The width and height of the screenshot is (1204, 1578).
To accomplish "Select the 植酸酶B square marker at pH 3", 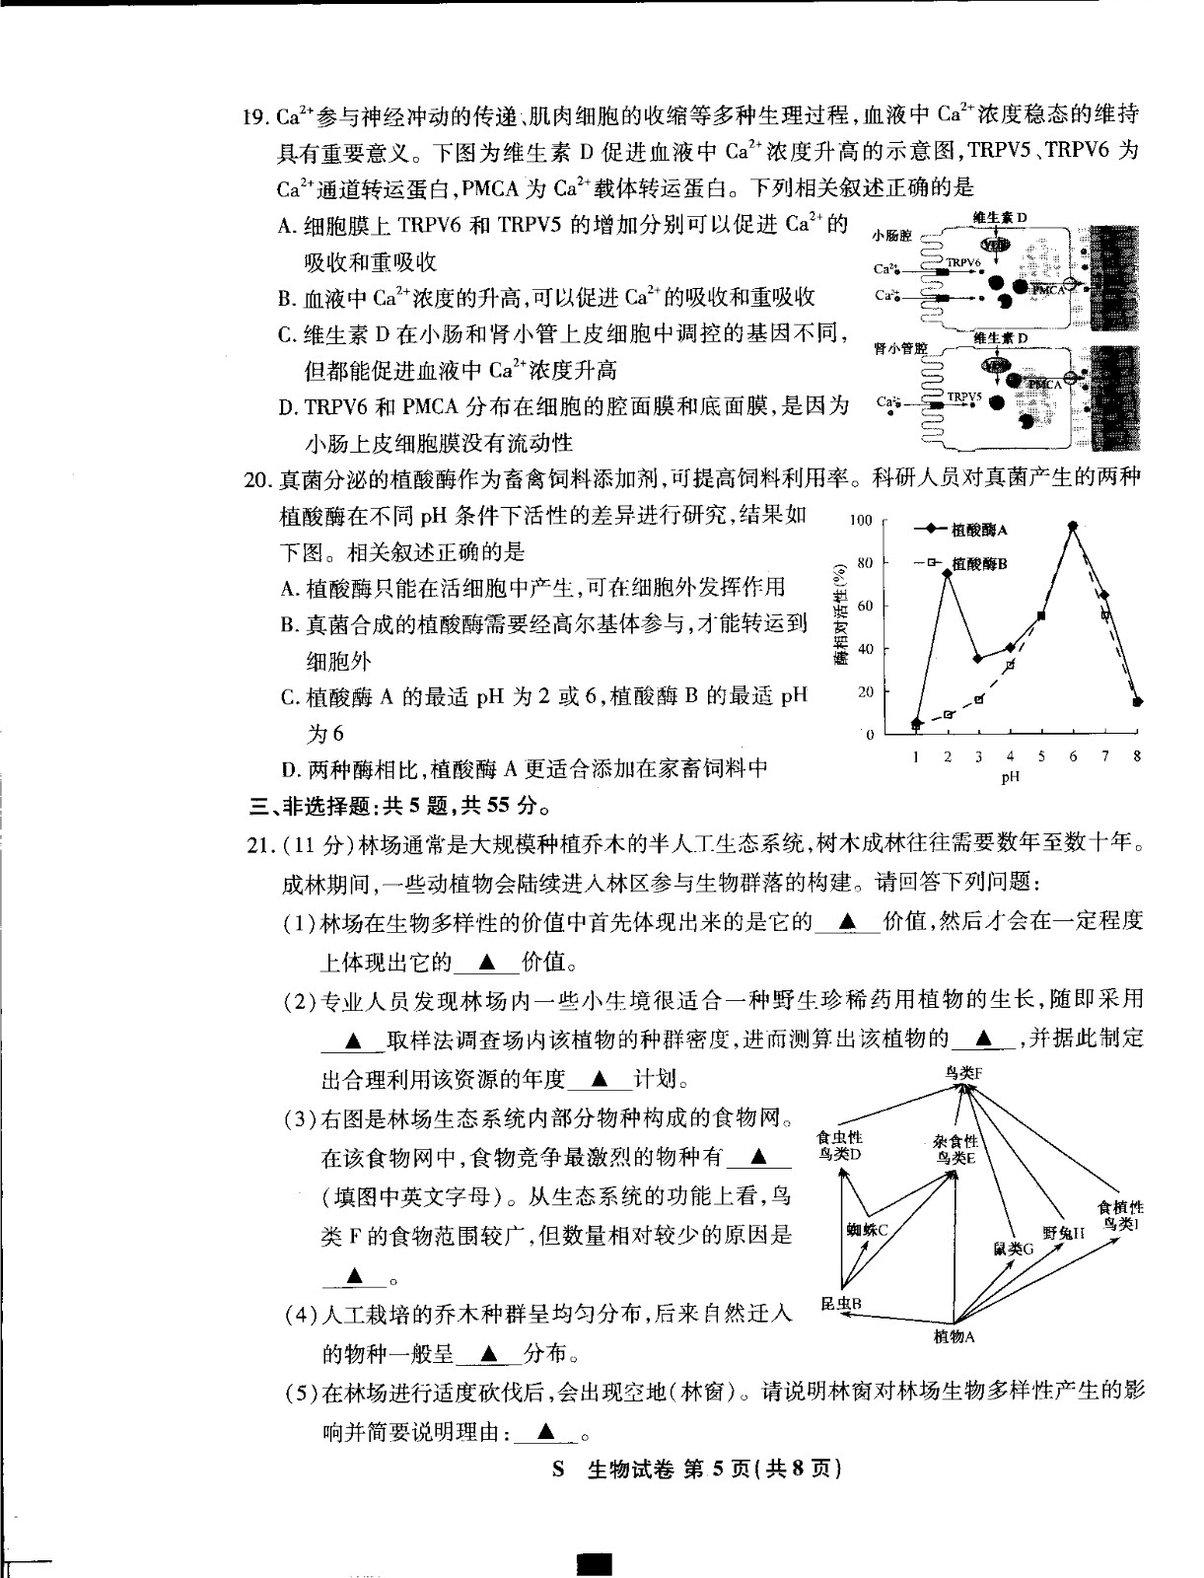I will pyautogui.click(x=979, y=699).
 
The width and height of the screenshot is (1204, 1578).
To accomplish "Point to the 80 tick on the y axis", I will pyautogui.click(x=864, y=563).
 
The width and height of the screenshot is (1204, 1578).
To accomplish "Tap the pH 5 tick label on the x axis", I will pyautogui.click(x=1041, y=756).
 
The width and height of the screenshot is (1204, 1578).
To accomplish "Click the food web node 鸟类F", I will pyautogui.click(x=963, y=1073).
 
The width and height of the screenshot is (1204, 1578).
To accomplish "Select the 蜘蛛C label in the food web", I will pyautogui.click(x=868, y=1229).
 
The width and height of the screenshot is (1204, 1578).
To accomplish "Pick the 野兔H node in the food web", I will pyautogui.click(x=1064, y=1232).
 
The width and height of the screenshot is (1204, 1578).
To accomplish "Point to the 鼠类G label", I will pyautogui.click(x=1013, y=1248).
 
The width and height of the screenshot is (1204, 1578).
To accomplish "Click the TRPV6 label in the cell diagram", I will pyautogui.click(x=962, y=263).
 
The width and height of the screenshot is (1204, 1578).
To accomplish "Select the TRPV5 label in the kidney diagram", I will pyautogui.click(x=964, y=396).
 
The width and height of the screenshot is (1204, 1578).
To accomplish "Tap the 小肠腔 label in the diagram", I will pyautogui.click(x=892, y=237).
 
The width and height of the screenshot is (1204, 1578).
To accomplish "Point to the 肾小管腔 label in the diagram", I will pyautogui.click(x=899, y=348).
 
